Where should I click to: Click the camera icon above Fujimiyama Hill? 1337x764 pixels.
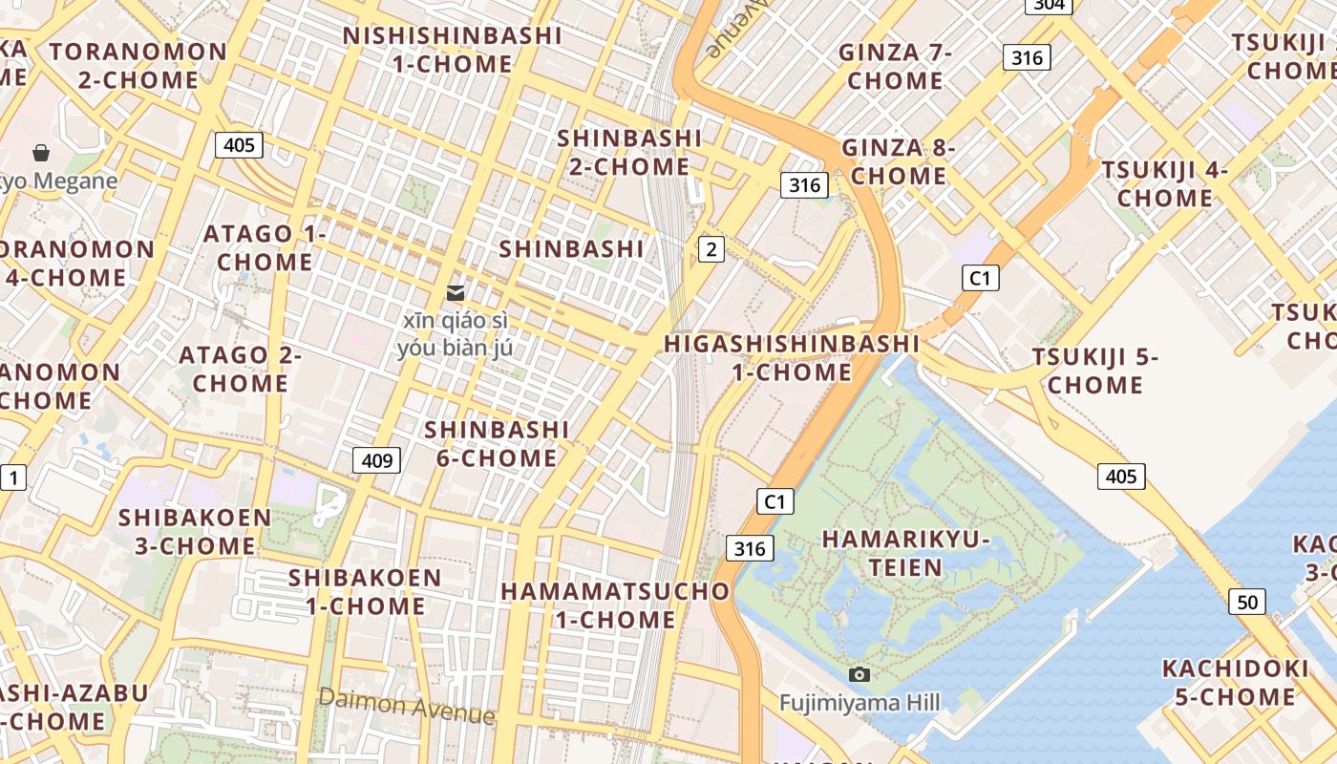point(859,675)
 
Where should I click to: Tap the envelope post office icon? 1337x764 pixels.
point(456,293)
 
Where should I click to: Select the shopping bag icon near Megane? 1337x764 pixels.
point(41,153)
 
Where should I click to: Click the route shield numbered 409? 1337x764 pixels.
point(377,460)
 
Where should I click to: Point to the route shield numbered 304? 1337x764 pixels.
point(1048,5)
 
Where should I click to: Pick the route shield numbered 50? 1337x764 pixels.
point(1247,602)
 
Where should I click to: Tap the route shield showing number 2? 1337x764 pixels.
point(711,249)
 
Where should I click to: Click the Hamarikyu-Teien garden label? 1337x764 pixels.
point(905,553)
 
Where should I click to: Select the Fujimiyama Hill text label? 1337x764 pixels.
point(859,704)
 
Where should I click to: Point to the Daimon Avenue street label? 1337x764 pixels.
point(407,706)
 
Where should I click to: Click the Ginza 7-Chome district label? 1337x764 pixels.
point(895,66)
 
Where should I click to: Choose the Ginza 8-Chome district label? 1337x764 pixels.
point(899,161)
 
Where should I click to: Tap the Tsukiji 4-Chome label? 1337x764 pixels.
point(1165,183)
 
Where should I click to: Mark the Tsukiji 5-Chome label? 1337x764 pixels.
point(1094,371)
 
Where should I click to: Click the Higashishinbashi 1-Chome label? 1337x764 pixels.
point(792,357)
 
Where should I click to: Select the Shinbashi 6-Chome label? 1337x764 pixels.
point(497,443)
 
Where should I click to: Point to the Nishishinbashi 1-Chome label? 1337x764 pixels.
point(453,50)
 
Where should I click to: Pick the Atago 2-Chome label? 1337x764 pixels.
point(240,369)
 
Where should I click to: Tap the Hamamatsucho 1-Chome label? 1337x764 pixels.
point(616,605)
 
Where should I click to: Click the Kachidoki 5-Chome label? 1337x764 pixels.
point(1235,682)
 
